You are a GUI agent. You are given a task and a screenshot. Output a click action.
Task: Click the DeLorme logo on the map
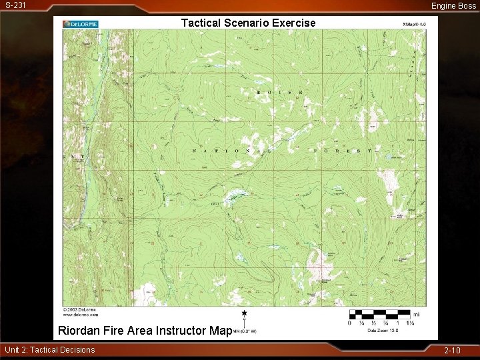coord(81,24)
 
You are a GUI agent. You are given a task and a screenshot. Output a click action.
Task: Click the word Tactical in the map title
coord(201,23)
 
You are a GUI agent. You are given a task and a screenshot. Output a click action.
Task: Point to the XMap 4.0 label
coord(413,23)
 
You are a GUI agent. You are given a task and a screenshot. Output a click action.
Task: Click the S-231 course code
coord(15,5)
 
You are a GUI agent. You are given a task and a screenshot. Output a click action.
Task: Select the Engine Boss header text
coord(453,5)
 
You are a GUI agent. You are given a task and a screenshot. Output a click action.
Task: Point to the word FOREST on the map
coord(343,151)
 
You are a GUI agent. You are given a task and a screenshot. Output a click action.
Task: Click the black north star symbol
coord(245,313)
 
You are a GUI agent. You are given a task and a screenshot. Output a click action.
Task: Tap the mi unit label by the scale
coord(417,313)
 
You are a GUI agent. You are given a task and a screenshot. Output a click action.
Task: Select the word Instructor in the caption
coord(181,330)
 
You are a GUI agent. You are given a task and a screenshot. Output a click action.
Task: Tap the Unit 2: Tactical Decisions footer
coord(50,350)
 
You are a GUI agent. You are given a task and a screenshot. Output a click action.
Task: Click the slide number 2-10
coord(452,350)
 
